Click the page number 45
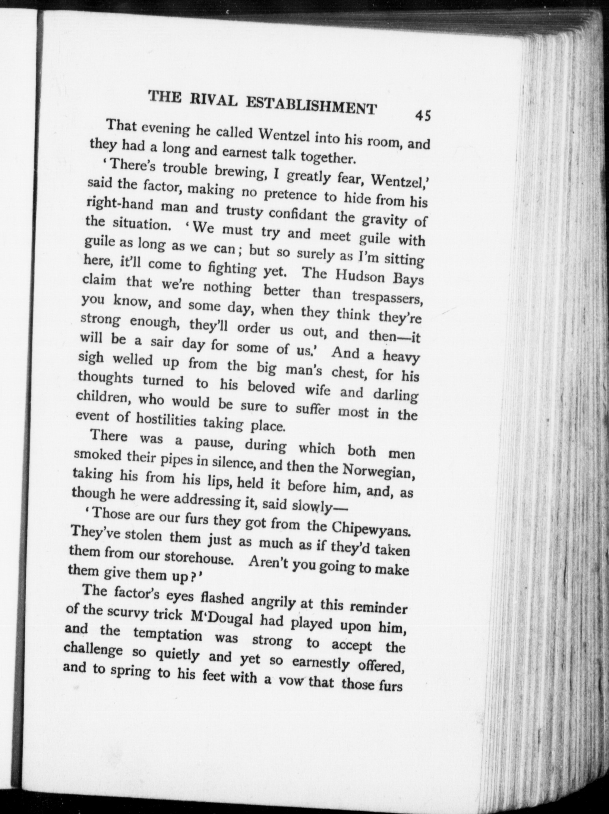(x=422, y=116)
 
